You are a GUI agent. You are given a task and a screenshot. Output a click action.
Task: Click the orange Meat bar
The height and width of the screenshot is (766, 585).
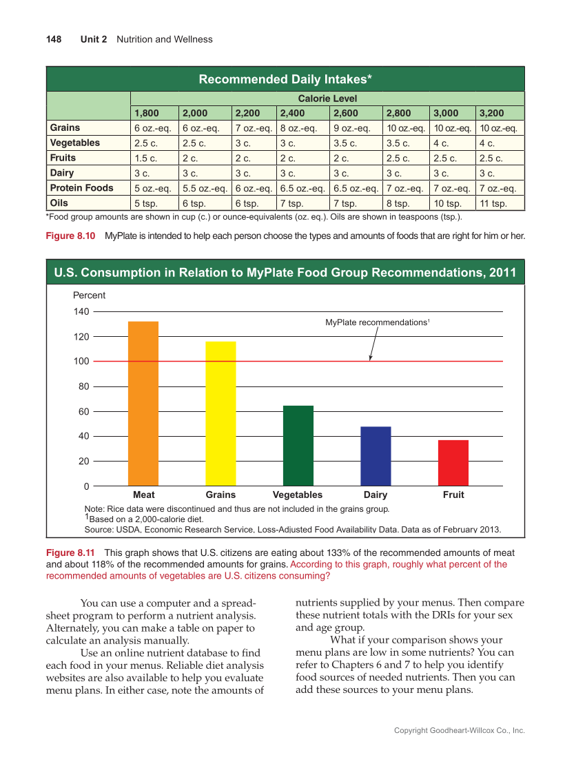coord(143,404)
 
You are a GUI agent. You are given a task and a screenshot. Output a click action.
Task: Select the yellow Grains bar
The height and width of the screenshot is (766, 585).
coord(220,413)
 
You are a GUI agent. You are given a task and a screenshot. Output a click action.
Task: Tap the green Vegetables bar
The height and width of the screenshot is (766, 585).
coord(298,446)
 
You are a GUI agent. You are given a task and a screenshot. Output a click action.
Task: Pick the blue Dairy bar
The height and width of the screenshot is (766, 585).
coord(376,456)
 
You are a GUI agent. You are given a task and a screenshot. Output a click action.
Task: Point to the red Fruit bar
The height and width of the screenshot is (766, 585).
coord(453,463)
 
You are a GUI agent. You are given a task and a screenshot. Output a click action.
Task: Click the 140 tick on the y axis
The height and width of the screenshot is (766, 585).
coord(82,311)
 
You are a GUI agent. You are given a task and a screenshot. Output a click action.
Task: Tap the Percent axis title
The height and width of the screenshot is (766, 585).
coord(90,296)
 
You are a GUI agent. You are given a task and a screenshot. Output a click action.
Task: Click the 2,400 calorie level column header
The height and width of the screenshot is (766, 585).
coord(293,113)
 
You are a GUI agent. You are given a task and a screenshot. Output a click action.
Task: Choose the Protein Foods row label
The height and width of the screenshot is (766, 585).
coord(82,188)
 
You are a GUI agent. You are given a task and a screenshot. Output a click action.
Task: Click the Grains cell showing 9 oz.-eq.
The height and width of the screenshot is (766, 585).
coord(352,128)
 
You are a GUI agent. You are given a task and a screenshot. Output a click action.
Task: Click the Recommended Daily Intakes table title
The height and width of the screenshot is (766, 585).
coord(285,79)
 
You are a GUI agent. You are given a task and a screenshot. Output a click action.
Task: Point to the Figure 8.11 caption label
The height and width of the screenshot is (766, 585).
coord(71,553)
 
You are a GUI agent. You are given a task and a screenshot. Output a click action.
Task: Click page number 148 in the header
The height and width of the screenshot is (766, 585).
coord(54,39)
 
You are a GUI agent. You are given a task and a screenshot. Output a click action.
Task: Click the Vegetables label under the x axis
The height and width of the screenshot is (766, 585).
coord(298,495)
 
